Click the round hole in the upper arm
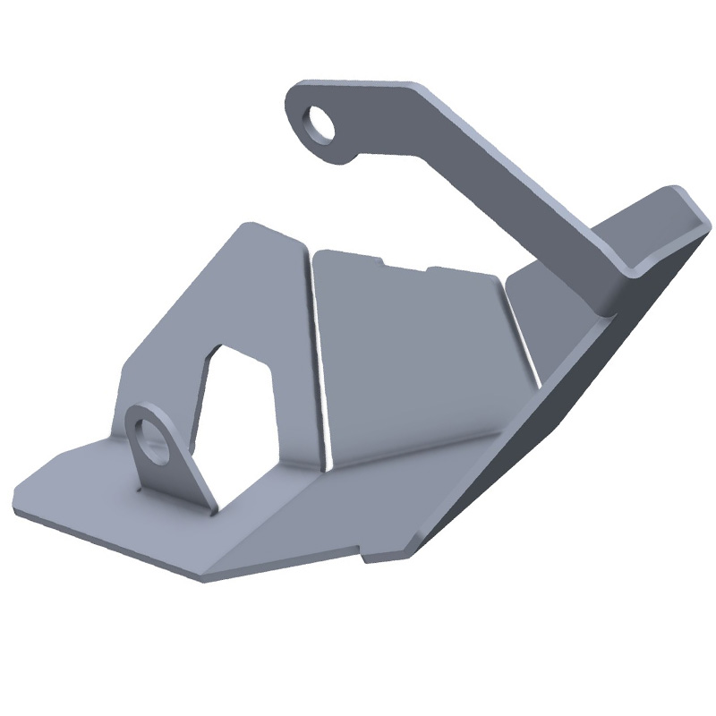320,123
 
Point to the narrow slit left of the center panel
319,358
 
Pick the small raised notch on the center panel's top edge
406,264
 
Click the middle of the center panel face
412,358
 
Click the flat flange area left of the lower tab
81,488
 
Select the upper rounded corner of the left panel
246,226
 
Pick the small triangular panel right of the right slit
546,313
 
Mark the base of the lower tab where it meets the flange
179,501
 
